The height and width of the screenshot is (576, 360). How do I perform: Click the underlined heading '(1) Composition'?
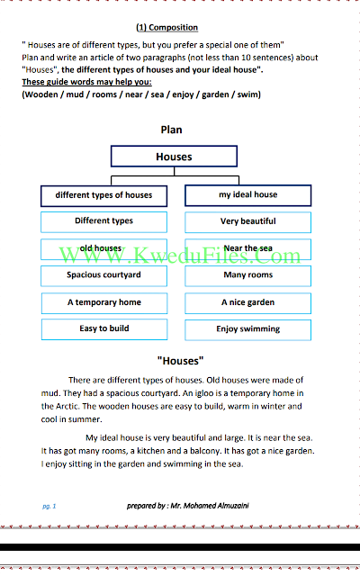167,28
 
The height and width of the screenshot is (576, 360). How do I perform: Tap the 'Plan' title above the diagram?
171,130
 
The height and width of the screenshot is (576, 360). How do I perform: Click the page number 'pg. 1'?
49,506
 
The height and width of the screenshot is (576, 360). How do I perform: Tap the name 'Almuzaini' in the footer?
233,506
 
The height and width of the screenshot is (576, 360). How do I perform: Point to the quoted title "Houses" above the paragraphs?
180,361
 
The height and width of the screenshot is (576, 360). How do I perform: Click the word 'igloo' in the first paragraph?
204,393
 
